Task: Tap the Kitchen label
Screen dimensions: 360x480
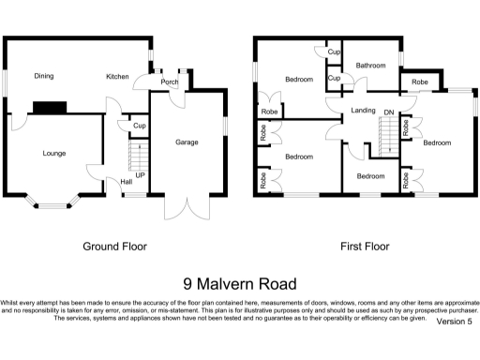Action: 117,76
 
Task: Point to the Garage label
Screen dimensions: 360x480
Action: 186,142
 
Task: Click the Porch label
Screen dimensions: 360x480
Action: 169,82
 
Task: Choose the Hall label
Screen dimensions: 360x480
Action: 126,182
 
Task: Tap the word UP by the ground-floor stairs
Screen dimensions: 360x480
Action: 140,174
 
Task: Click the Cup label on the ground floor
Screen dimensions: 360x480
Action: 138,126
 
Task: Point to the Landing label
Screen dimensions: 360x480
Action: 363,111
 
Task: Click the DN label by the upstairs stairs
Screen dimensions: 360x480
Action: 389,112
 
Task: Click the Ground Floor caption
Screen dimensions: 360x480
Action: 114,247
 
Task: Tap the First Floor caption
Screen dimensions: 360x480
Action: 364,247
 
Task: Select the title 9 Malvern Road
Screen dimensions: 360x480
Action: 239,283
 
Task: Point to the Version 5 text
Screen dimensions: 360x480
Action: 454,321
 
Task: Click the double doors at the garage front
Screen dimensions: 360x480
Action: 184,206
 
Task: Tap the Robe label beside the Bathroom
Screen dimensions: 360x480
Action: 419,83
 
